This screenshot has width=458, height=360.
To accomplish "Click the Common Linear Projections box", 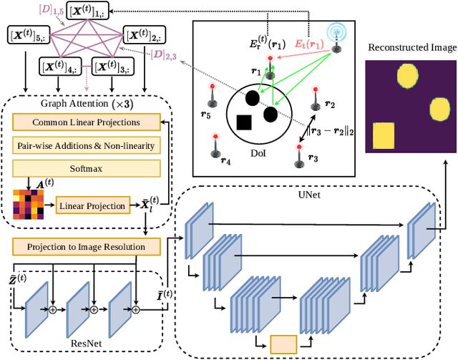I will pos(87,123).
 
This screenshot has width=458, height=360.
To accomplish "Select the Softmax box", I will pos(87,170).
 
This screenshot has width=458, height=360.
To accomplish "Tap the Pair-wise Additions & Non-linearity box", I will pos(87,146).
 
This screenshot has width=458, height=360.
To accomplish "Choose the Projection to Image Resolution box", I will pos(87,247).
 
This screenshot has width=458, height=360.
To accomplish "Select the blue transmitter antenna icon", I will pos(334,34).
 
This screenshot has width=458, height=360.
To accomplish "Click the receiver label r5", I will pos(206,114).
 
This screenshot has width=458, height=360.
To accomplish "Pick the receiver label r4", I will pos(226,162).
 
